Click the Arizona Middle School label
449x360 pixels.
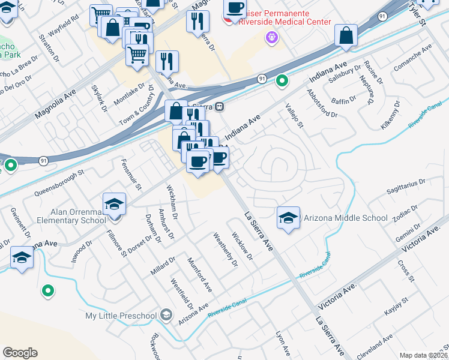[x=345, y=218]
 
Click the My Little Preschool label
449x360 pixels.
[x=121, y=316]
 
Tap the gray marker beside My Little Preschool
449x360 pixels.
[x=166, y=316]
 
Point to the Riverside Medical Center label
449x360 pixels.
[x=285, y=22]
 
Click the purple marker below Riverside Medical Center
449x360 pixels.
[x=271, y=37]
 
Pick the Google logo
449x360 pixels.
[x=20, y=353]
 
